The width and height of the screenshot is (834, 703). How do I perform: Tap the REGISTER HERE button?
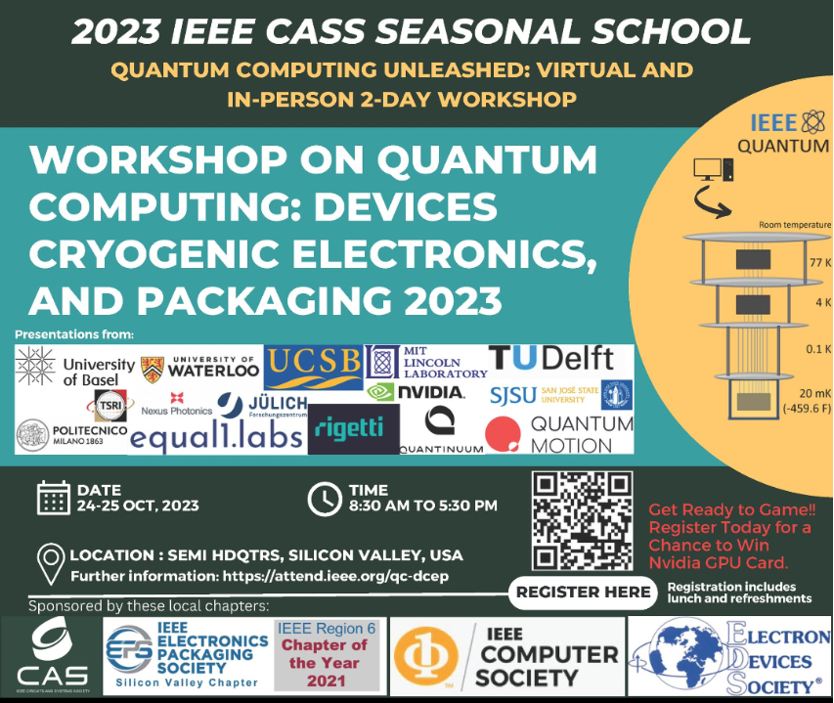point(583,592)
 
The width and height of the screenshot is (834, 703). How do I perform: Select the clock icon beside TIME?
point(323,498)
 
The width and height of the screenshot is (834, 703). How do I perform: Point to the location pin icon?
point(50,563)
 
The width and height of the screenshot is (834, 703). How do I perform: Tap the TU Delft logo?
point(550,359)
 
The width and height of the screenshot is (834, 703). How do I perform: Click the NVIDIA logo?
point(415,392)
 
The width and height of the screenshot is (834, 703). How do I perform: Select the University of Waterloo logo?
point(199,368)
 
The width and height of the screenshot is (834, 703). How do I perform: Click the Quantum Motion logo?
point(559,433)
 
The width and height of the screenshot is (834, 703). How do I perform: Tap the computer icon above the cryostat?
point(709,170)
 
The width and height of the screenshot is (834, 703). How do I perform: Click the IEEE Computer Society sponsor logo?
point(506,653)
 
